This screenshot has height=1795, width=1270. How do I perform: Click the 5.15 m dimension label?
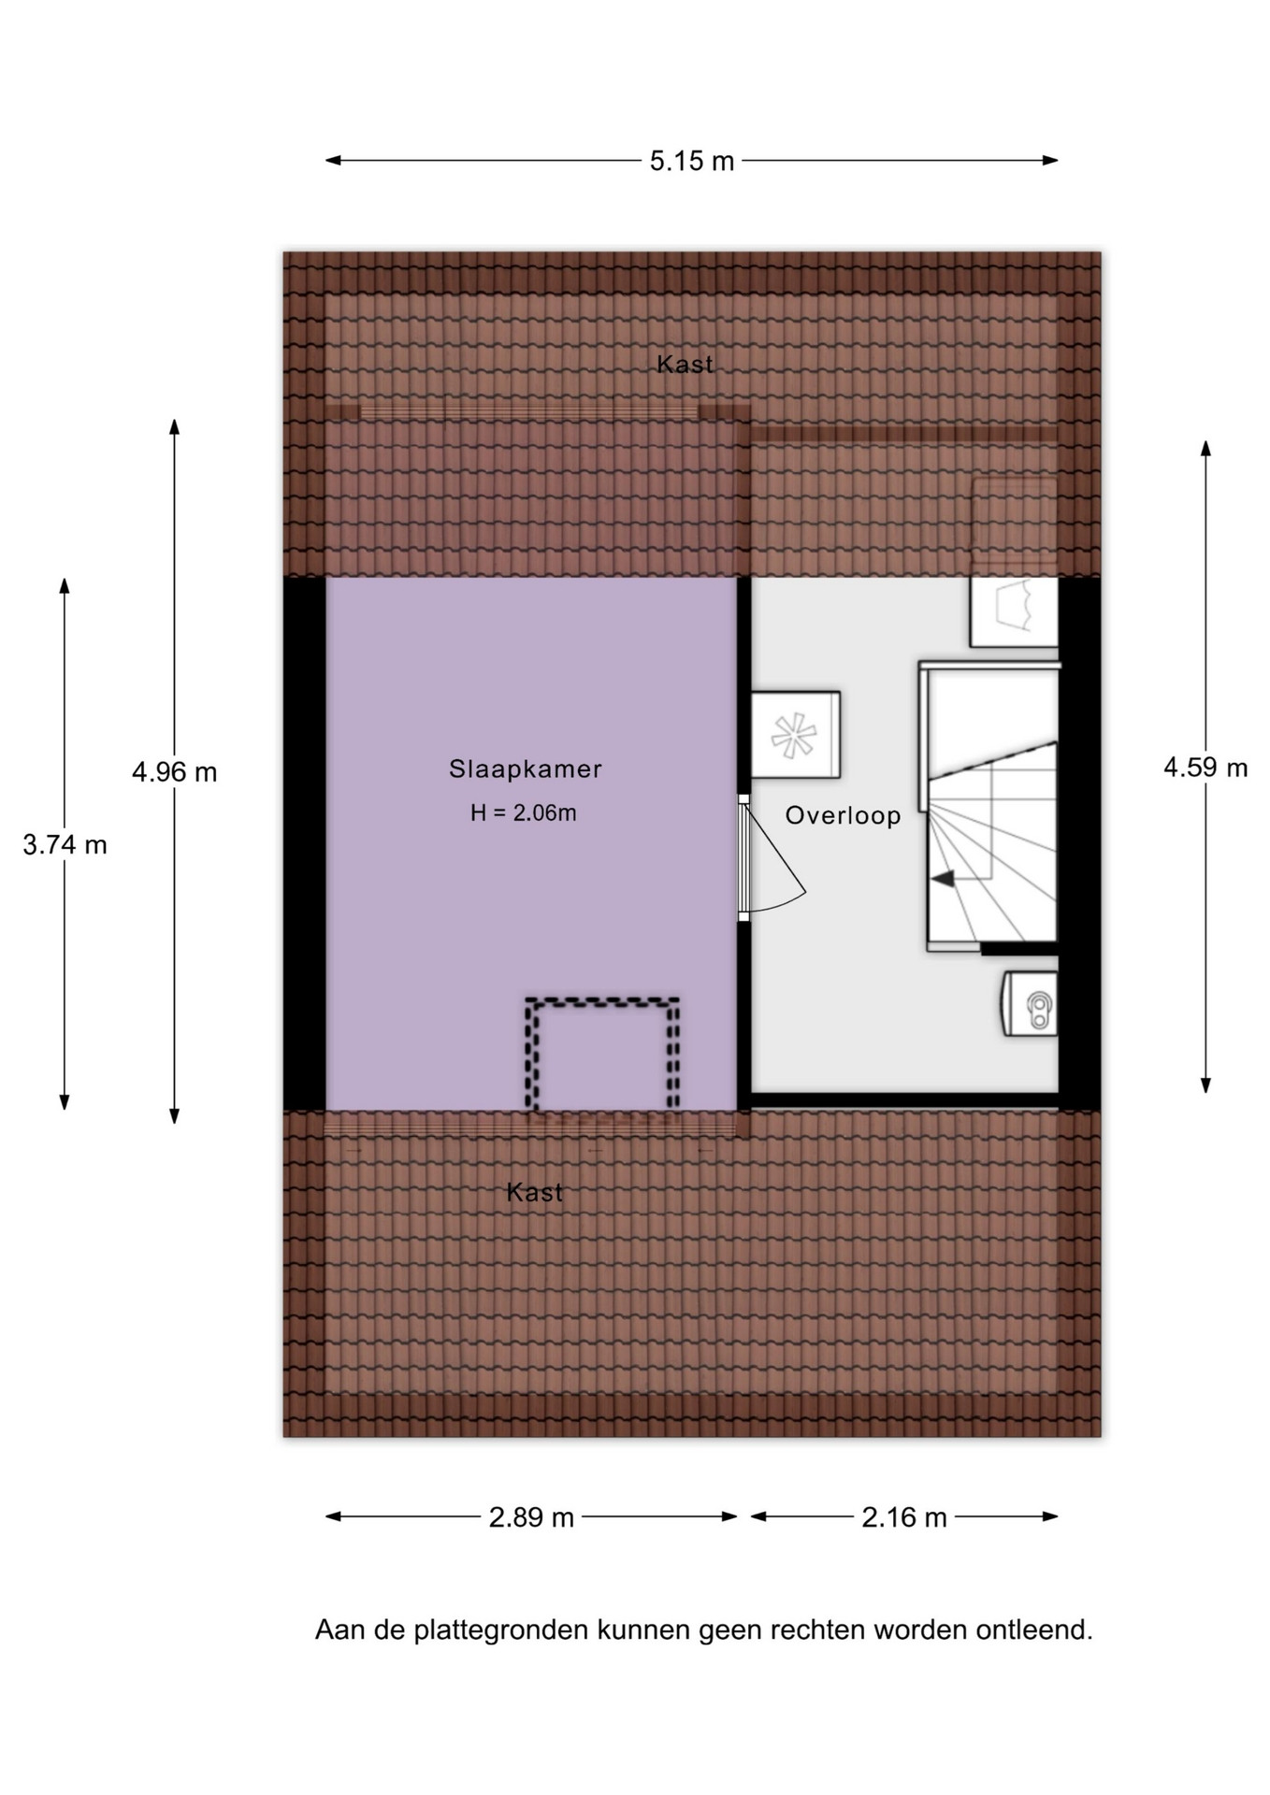692,161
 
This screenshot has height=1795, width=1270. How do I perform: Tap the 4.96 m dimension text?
174,772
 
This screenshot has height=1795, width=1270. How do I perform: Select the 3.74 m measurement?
65,845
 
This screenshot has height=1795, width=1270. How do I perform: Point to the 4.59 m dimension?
1205,768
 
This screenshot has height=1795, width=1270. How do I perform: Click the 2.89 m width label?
531,1516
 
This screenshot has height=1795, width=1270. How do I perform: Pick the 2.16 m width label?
904,1516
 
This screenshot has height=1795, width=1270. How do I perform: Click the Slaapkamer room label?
525,769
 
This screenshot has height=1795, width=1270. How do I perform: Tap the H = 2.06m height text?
523,813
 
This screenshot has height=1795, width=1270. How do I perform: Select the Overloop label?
843,816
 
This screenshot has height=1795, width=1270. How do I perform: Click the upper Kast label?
685,365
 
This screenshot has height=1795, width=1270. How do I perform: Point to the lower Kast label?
535,1192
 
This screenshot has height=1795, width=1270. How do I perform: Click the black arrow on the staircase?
942,878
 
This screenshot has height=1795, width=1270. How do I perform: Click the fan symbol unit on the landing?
796,735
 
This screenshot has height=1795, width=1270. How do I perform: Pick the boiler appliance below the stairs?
1030,1003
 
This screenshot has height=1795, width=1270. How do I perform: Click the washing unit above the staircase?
1014,611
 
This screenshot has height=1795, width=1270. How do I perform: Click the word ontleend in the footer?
1034,1630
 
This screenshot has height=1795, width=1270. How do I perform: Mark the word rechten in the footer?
818,1630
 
